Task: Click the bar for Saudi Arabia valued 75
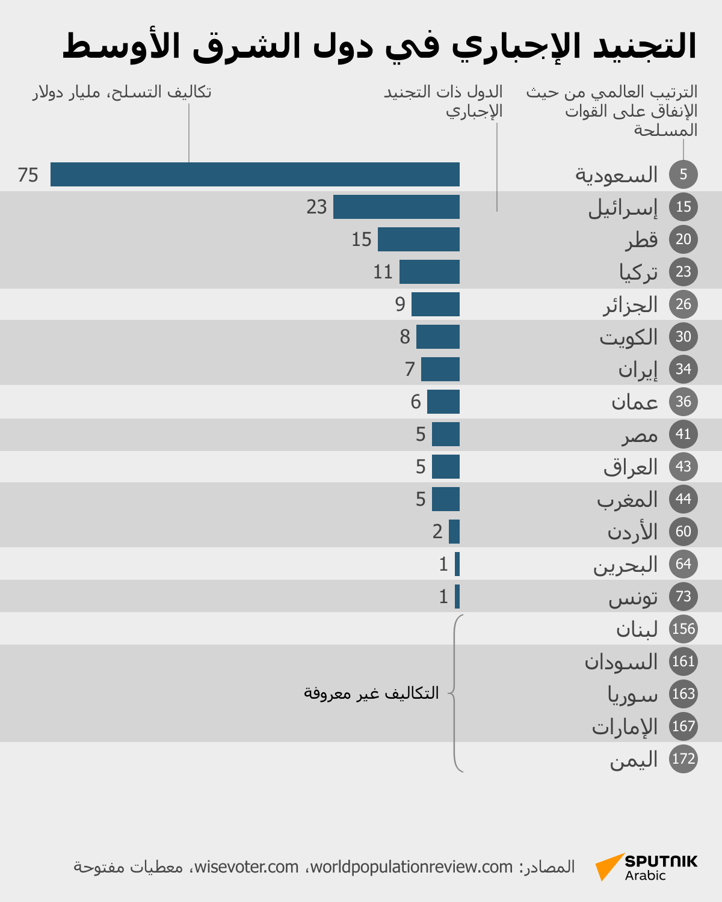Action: coord(255,174)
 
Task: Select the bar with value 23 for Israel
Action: coord(396,207)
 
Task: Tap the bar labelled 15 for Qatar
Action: coord(419,239)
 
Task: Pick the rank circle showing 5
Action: coord(683,174)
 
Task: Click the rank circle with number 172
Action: coord(683,759)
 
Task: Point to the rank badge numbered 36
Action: coord(683,402)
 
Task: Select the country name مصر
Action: coord(640,435)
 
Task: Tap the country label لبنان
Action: coord(637,630)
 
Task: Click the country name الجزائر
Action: coord(631,305)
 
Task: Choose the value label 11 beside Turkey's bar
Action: coord(383,272)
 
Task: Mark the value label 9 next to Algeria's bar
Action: coord(400,304)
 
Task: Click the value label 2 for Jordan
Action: coord(437,532)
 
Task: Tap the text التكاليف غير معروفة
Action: coord(371,693)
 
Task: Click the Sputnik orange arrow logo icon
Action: coord(608,867)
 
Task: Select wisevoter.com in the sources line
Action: coord(246,867)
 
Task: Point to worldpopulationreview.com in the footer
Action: coord(412,867)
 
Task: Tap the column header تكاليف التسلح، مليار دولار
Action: coord(122,92)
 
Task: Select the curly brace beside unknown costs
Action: coord(455,693)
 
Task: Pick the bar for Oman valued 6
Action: coord(443,402)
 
